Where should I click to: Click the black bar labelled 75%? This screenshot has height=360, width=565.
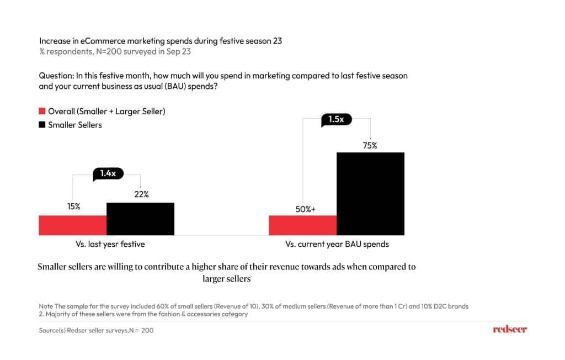tap(370, 193)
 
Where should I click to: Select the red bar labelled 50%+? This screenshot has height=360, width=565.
tap(302, 225)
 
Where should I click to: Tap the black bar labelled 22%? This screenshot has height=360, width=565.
tap(140, 219)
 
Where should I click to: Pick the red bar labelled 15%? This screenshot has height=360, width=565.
tap(72, 225)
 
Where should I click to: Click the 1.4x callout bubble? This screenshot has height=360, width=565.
tap(108, 173)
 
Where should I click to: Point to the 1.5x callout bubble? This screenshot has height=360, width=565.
tap(336, 119)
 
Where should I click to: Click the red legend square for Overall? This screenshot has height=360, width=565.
tap(42, 112)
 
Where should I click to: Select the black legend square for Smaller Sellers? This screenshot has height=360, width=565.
tap(42, 125)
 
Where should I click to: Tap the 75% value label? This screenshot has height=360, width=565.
tap(370, 146)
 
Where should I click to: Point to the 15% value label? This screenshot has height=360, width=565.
tap(73, 207)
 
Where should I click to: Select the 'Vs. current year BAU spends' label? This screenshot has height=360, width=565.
tap(337, 244)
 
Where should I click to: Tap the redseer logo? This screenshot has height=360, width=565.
tap(509, 329)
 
